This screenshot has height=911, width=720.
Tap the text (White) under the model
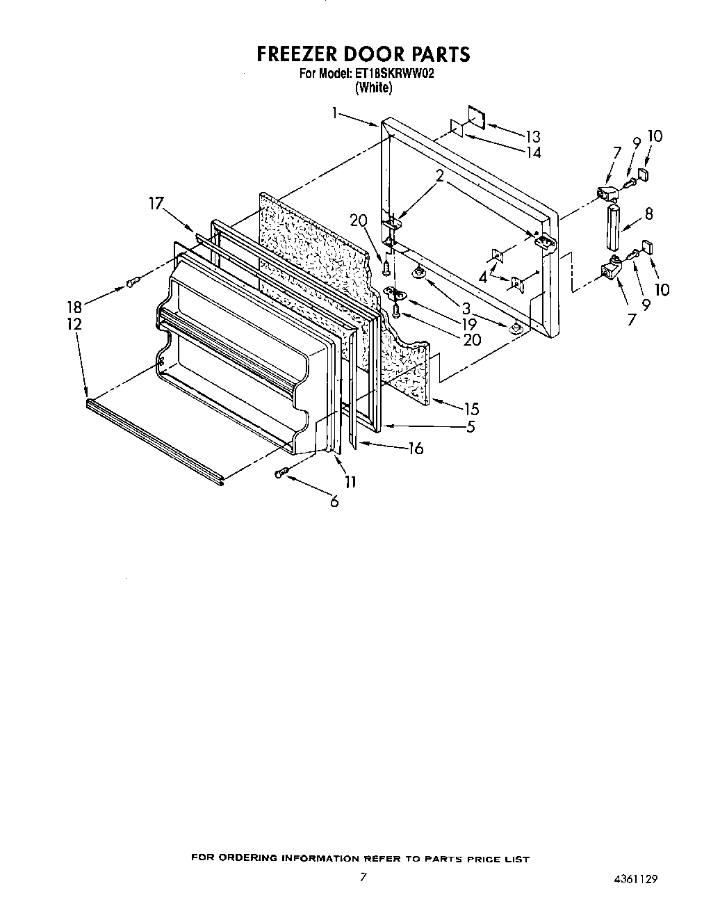click(373, 88)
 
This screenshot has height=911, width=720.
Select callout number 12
click(74, 324)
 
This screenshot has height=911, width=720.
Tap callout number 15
click(471, 409)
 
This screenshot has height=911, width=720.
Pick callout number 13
click(532, 136)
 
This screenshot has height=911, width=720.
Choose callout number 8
click(648, 214)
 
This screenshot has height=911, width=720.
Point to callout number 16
click(416, 449)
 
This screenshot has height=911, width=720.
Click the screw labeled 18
click(133, 281)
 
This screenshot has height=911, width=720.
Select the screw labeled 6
click(281, 473)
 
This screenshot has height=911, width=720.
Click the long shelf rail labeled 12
click(153, 440)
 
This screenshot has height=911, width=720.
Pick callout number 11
click(350, 481)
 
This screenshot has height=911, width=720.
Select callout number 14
click(533, 152)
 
